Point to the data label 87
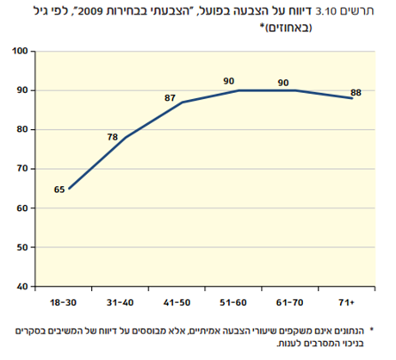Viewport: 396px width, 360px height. pyautogui.click(x=170, y=97)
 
